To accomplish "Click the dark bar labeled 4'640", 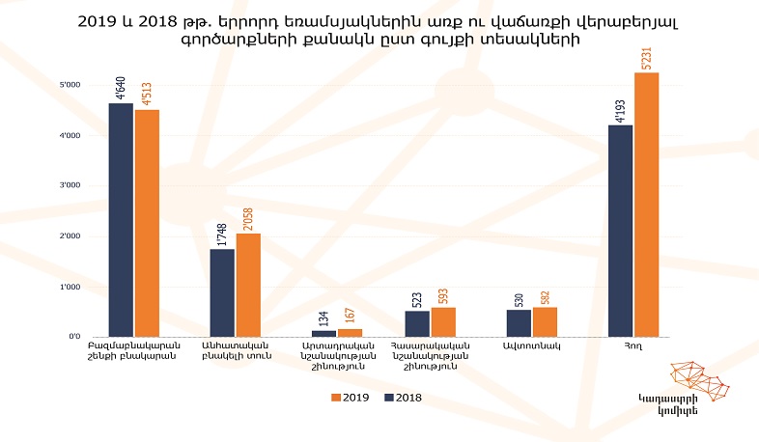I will [121, 219].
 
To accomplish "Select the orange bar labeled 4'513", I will [147, 223].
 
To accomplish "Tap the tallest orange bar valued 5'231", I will [646, 205].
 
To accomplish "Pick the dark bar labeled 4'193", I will [620, 231].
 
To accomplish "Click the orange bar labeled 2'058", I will [248, 285].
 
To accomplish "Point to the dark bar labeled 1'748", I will [222, 292].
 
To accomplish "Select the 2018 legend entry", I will [402, 397].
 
